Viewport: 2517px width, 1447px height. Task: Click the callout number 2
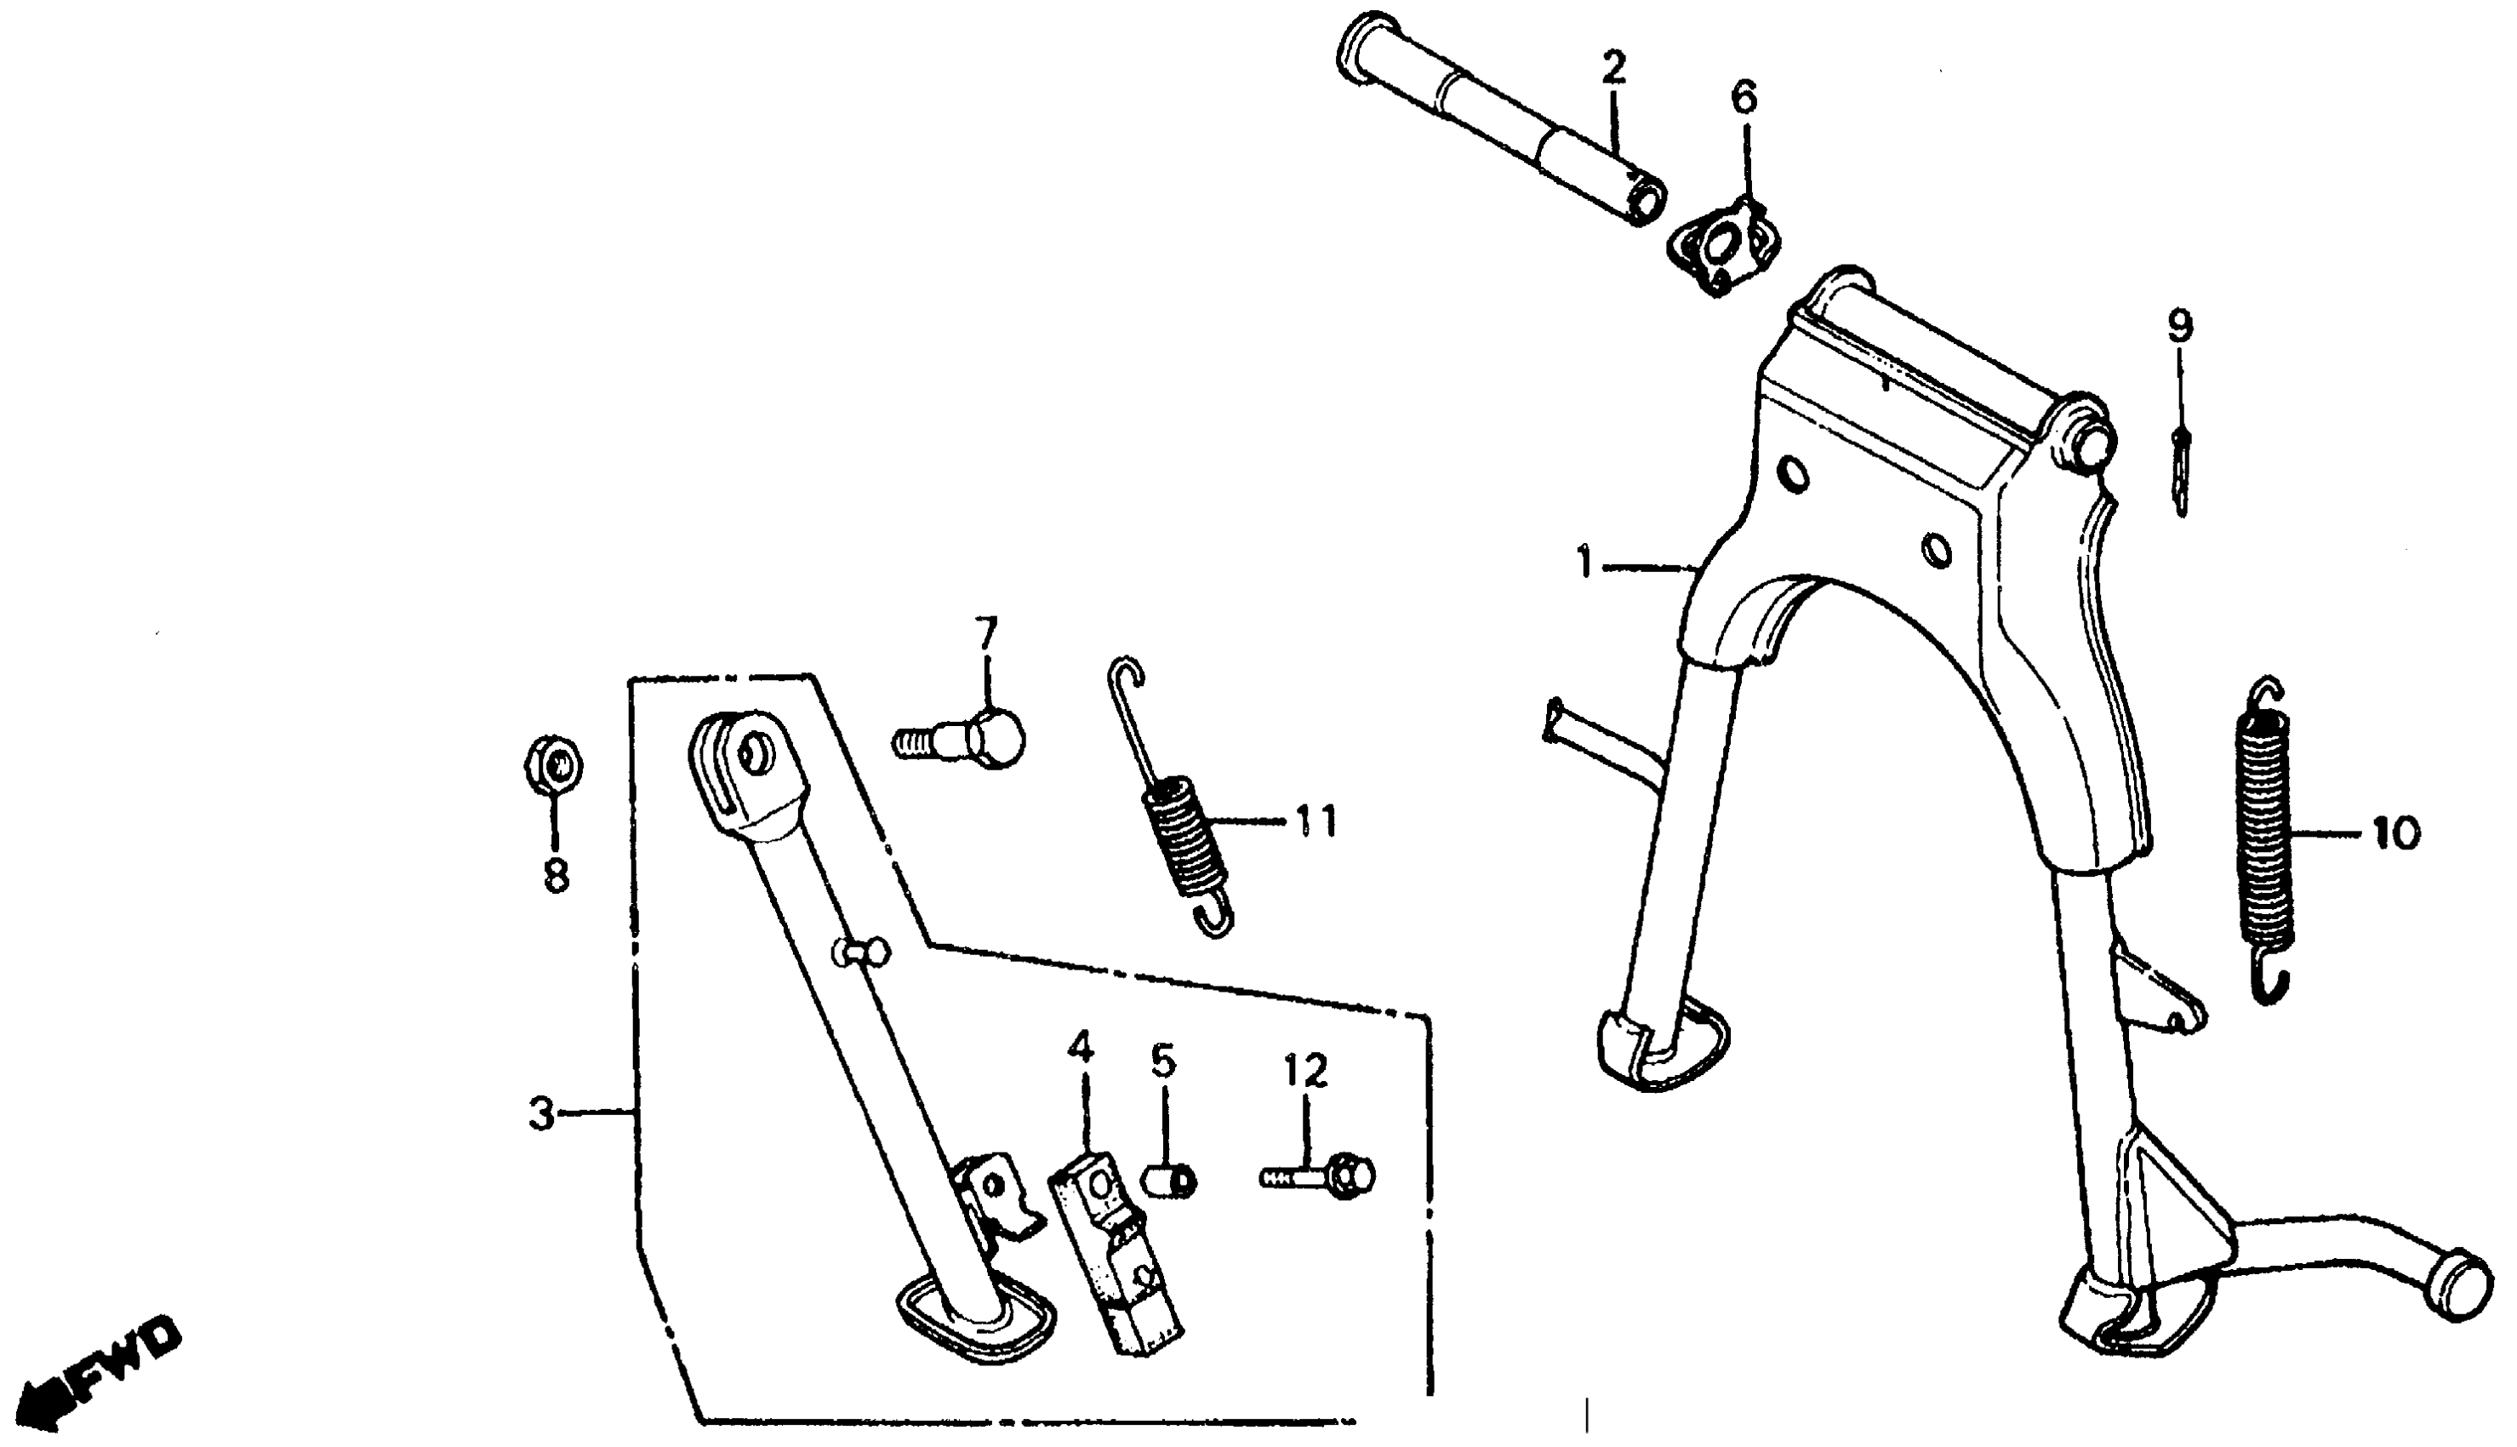[1614, 70]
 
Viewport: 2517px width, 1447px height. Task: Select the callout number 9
[2180, 326]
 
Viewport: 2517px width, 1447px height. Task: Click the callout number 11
[1316, 823]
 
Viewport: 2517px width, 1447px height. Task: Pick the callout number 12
[1305, 1072]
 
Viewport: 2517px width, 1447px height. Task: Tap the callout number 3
[541, 1115]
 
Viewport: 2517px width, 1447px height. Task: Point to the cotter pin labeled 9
[2181, 473]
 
